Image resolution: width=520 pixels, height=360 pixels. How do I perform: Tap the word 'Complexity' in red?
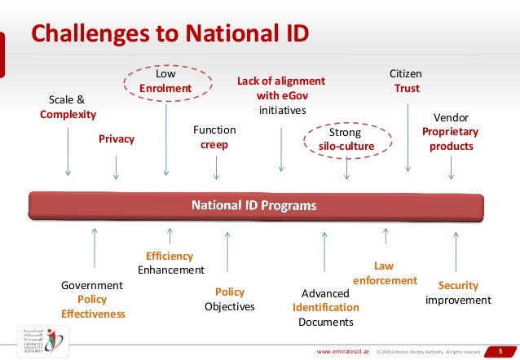coord(68,114)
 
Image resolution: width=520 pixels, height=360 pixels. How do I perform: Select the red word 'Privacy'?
coord(117,138)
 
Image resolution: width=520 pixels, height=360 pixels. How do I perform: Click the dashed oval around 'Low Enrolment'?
coord(165,81)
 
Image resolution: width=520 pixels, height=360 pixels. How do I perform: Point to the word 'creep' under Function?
coord(214,144)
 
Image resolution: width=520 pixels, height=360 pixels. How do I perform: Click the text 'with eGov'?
coord(281,95)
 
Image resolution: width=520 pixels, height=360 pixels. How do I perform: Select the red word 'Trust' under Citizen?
coord(407,88)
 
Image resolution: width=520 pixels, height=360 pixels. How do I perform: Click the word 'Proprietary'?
coord(451,131)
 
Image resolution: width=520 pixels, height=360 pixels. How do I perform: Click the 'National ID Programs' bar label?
coord(253,205)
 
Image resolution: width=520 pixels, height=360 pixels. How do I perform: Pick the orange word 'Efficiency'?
coord(170,256)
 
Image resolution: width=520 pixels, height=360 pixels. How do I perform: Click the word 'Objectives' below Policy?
coord(230,307)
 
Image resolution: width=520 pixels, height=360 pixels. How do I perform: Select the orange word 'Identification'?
coord(326,307)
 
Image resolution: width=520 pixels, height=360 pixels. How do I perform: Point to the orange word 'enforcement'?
coord(385,281)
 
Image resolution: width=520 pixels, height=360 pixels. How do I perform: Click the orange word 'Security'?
coord(458,286)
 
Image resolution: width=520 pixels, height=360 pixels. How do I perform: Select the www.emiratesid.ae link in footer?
coord(341,350)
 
